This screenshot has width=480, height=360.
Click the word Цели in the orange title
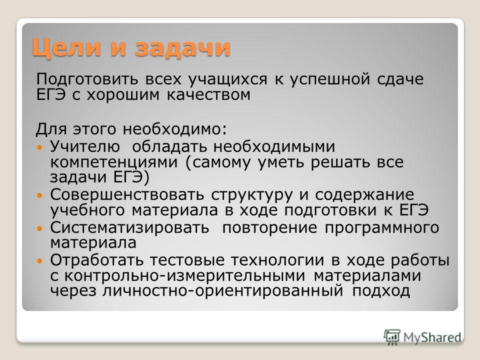pos(66,48)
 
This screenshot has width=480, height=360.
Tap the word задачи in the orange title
pos(182,48)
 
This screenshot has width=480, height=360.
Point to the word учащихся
pos(228,80)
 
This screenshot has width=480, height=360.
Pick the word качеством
pos(208,94)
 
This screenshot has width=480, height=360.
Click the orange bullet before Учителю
pos(38,147)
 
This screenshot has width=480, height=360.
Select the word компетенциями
pos(113,162)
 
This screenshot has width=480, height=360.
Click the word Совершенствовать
pos(126,194)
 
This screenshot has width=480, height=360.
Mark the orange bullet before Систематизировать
pos(38,228)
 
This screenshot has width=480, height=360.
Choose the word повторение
pos(269,228)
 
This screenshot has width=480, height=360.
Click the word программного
pos(382,228)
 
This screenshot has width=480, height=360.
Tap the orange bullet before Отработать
pos(38,261)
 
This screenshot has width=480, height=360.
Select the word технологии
pos(277,260)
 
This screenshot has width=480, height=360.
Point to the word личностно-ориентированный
pos(222,291)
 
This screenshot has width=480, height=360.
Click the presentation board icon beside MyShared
pos(392,337)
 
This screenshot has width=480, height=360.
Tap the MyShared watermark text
pos(432,337)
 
